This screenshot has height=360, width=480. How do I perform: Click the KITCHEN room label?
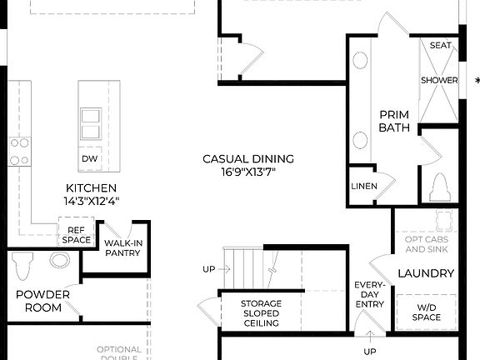point(91,188)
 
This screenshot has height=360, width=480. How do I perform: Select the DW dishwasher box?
point(89,158)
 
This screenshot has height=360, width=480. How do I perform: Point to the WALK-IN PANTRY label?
point(122,248)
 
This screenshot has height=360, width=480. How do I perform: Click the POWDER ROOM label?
point(42,301)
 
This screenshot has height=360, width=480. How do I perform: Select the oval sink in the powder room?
point(60,260)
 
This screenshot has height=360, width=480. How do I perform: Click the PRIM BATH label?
point(393,121)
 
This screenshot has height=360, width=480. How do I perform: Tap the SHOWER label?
point(438,81)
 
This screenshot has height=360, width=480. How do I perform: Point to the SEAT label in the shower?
point(439,46)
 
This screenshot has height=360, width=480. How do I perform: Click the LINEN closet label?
point(363,186)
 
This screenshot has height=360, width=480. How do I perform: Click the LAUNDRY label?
point(426,273)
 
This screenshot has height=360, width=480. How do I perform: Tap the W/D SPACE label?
point(426,312)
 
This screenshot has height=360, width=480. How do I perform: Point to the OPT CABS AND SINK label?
point(426,243)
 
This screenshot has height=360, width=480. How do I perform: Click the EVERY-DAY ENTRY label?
point(369,294)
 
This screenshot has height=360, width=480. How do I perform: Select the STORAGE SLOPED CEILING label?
point(261,312)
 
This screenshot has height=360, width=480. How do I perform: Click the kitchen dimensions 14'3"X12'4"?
point(91,201)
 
